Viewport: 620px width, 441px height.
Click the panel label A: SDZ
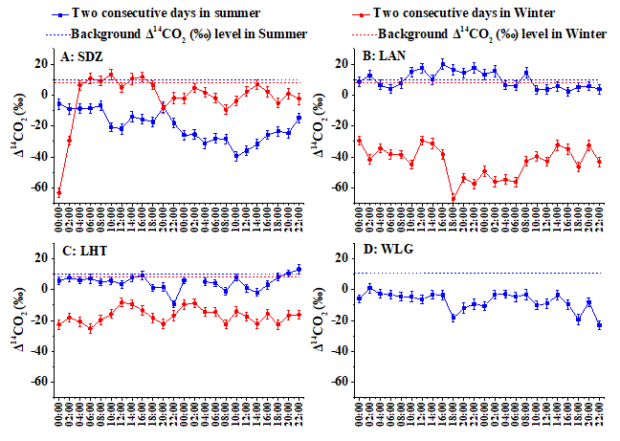click(x=81, y=56)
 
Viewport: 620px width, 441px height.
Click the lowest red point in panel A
click(x=59, y=192)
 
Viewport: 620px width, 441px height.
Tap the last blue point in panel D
click(x=599, y=325)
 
